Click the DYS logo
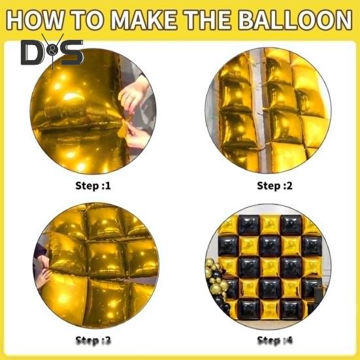click(x=52, y=52)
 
